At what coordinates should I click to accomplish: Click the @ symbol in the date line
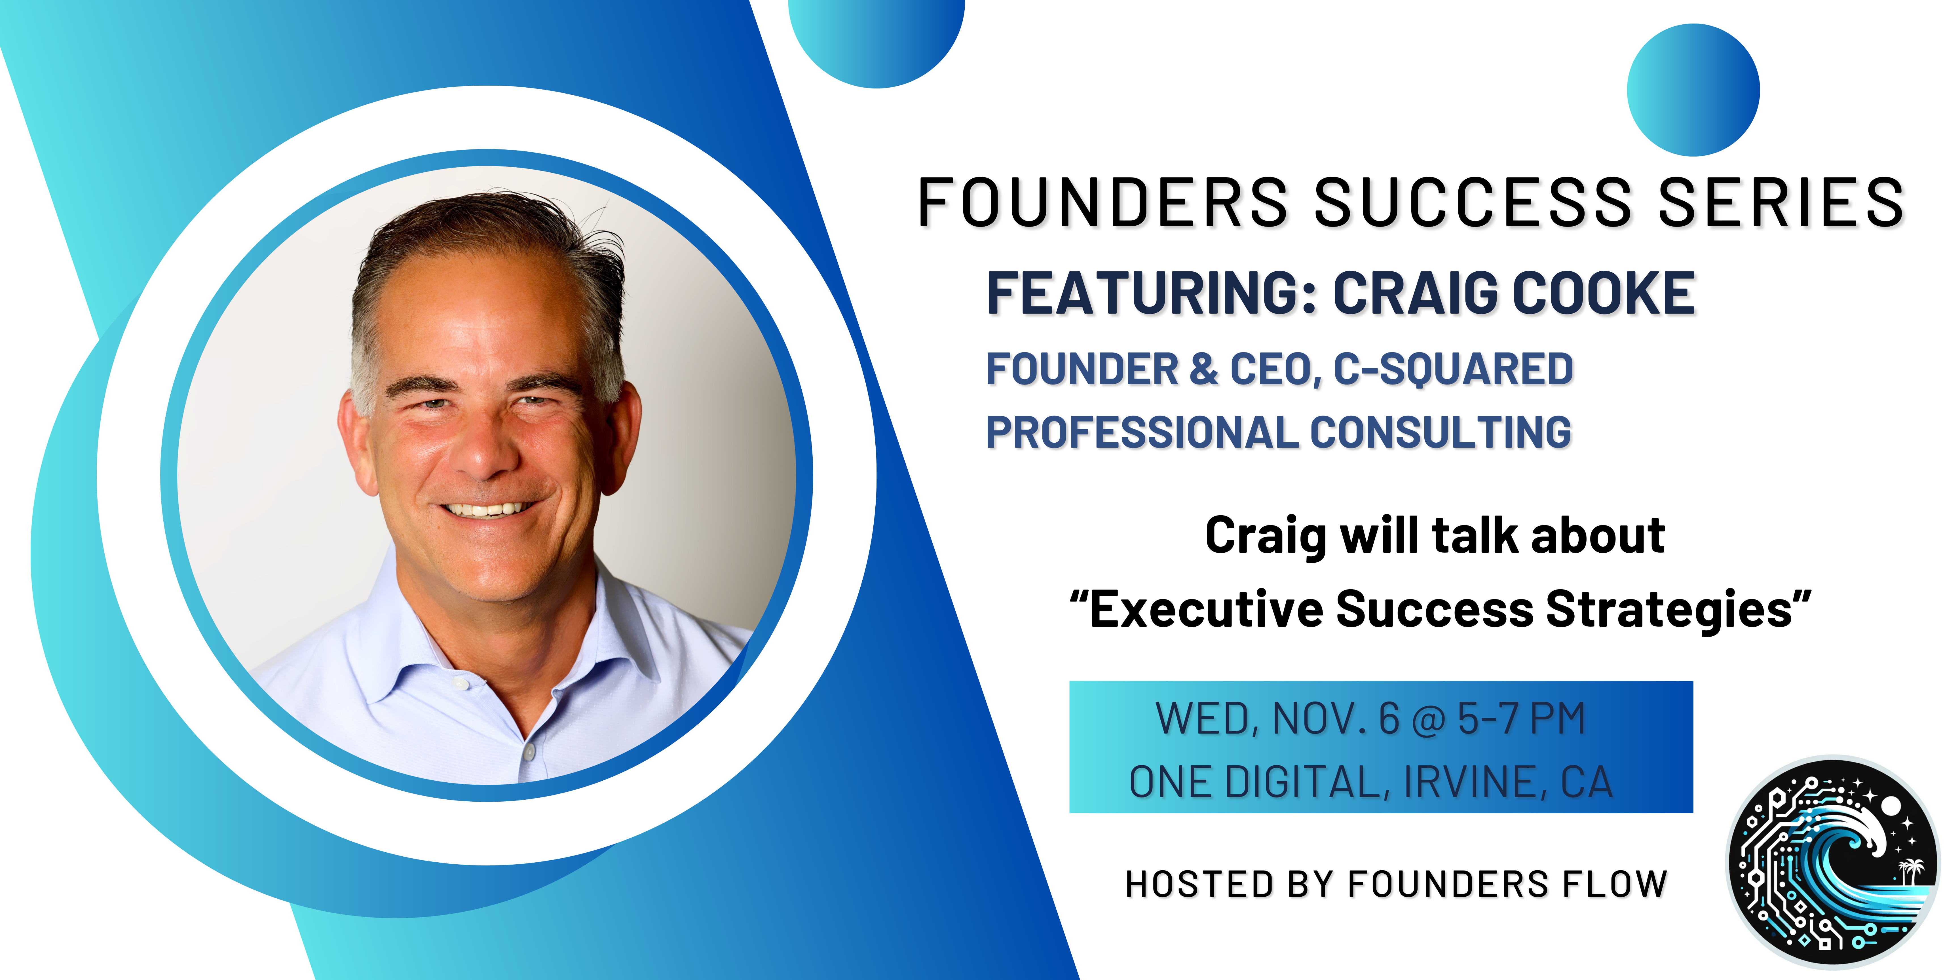pyautogui.click(x=1428, y=719)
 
